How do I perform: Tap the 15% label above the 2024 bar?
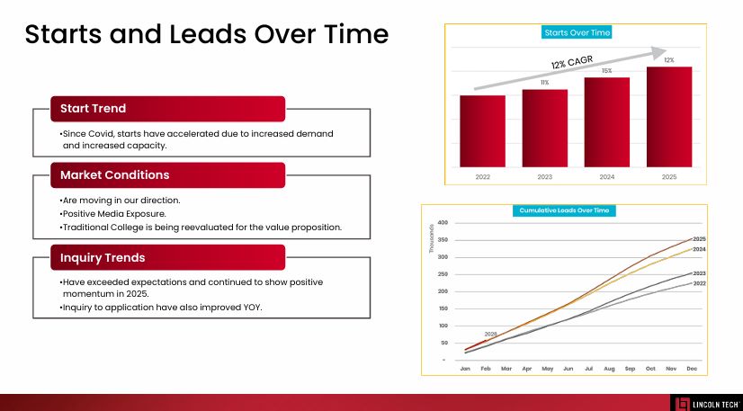[606, 71]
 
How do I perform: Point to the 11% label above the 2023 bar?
[544, 83]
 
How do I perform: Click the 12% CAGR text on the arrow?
[573, 62]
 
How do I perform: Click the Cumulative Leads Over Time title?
[564, 210]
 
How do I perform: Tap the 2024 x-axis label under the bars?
[606, 177]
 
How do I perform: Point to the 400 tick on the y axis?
[442, 223]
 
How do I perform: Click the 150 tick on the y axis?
[442, 308]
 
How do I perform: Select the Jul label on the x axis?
[588, 369]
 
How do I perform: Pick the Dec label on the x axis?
[691, 369]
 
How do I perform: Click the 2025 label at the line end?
[699, 238]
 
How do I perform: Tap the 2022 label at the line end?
[699, 283]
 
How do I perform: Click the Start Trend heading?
[93, 109]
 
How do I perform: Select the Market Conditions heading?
[114, 174]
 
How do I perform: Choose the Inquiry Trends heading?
[103, 258]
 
